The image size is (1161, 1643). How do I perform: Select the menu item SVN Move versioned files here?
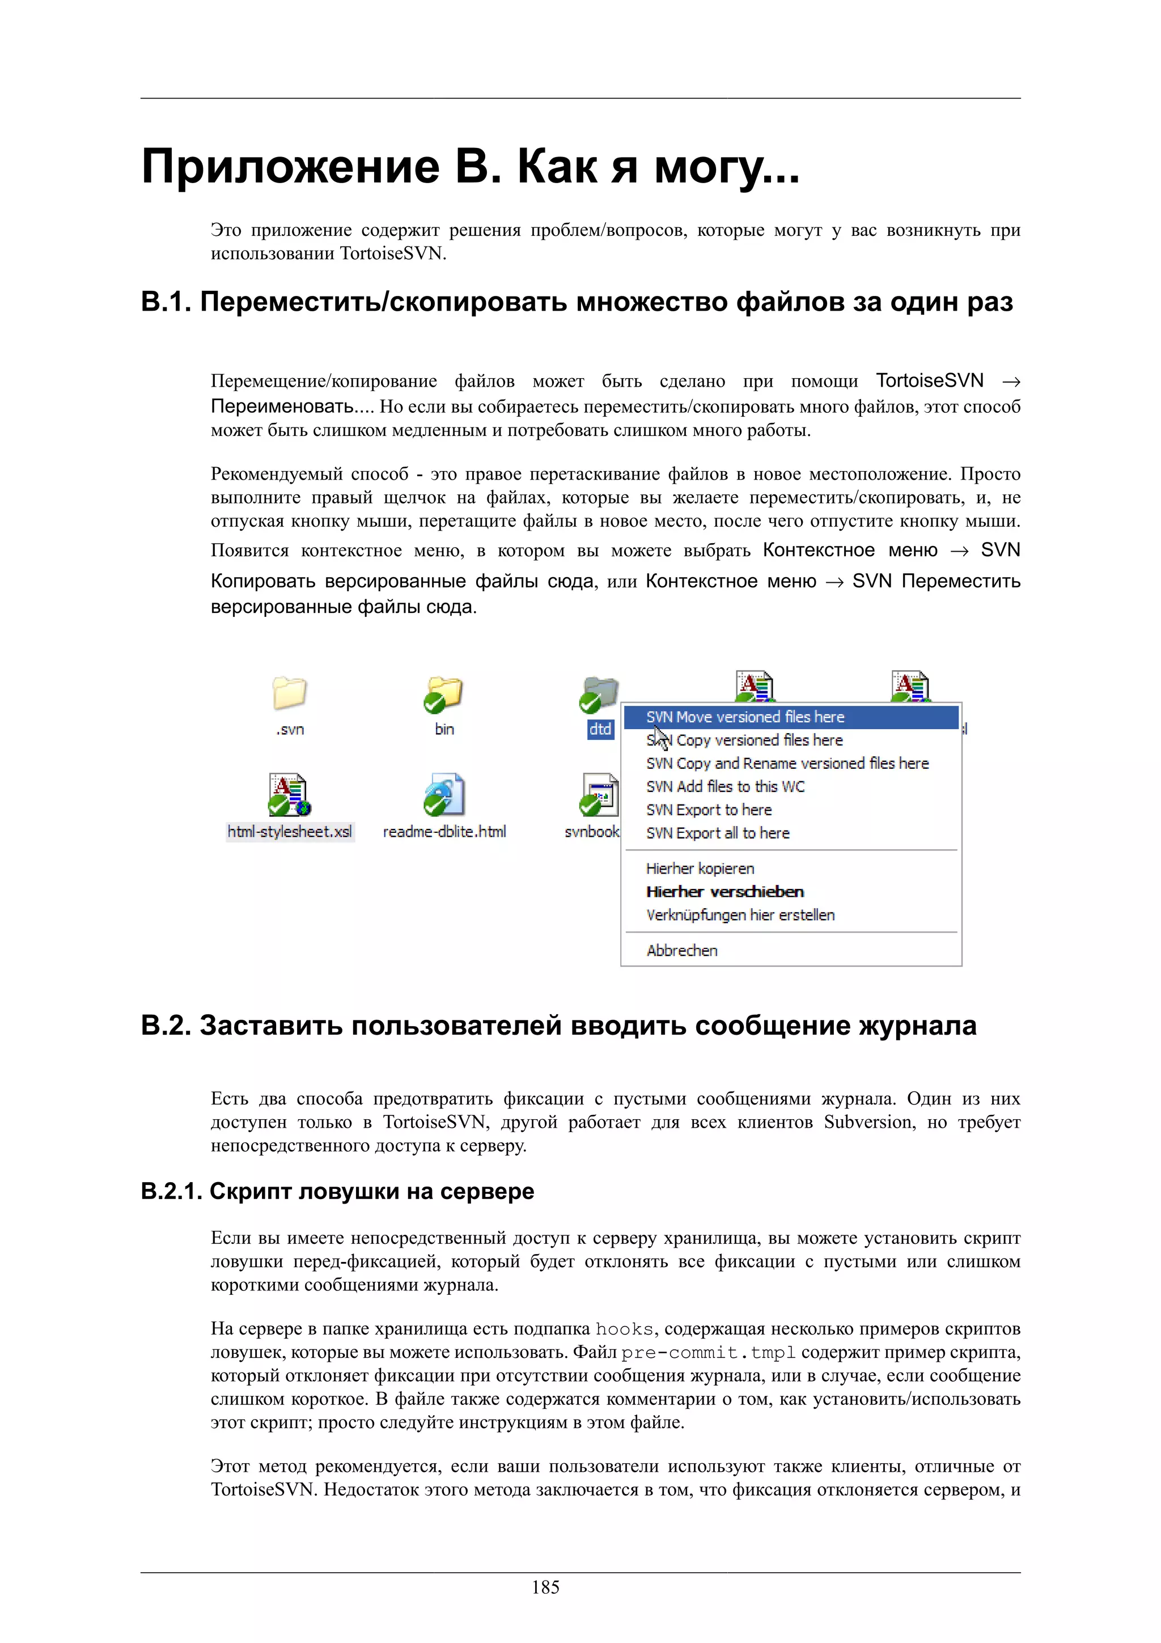(745, 717)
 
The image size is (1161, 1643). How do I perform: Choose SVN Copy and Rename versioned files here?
(787, 764)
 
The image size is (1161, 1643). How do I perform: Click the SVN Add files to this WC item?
(726, 786)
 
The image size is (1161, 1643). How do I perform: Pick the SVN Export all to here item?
(718, 833)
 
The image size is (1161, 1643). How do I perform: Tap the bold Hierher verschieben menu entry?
(724, 892)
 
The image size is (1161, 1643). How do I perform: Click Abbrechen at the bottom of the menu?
(682, 950)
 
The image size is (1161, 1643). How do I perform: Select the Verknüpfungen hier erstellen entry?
(740, 914)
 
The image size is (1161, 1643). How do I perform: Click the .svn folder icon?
(290, 693)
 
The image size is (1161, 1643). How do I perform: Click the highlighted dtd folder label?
(600, 729)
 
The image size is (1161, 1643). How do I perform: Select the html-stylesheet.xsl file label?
(290, 832)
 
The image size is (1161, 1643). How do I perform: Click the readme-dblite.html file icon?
(443, 794)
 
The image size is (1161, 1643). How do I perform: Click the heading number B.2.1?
(170, 1192)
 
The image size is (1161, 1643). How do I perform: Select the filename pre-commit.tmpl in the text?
(708, 1353)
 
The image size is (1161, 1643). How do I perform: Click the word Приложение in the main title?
(290, 166)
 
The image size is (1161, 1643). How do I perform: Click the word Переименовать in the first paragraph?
(282, 407)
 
